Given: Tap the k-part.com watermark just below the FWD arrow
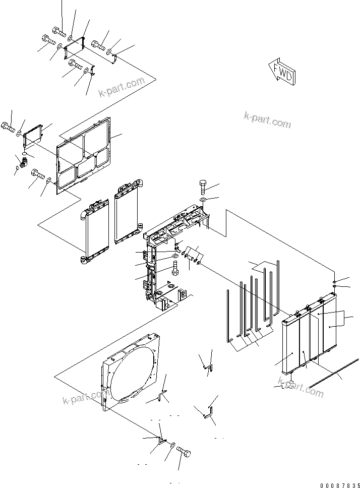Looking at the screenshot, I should [x=267, y=119].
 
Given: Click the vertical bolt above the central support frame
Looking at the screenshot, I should [x=203, y=187].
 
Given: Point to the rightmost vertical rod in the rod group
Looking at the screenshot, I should [x=277, y=287].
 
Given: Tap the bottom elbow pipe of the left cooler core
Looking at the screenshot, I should [x=84, y=260].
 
